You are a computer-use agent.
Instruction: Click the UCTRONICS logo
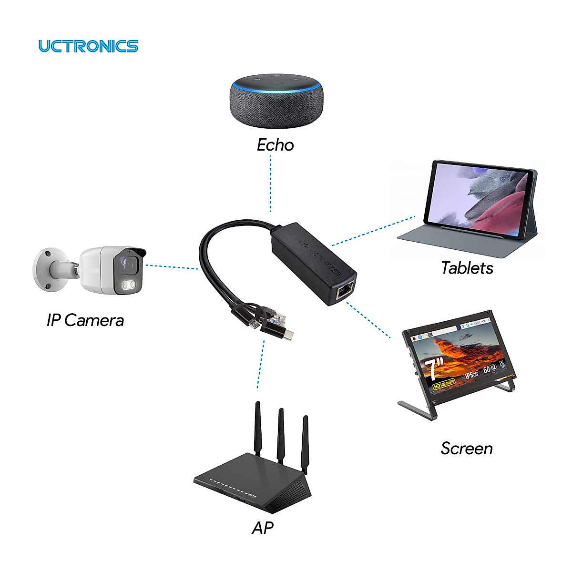(88, 46)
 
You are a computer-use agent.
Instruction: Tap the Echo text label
(275, 145)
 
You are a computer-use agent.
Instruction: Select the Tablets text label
(467, 268)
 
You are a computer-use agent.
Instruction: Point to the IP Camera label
(85, 320)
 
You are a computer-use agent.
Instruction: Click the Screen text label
(466, 448)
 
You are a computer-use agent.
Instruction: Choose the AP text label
(262, 528)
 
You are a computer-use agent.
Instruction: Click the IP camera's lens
(126, 263)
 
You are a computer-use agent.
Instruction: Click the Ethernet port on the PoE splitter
(344, 290)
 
